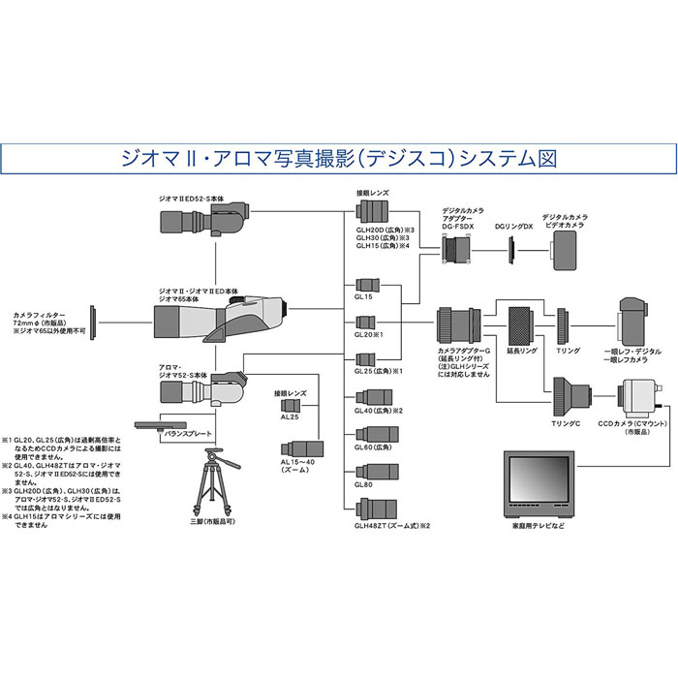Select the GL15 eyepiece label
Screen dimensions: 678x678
tap(364, 298)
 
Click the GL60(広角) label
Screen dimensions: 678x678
tap(374, 447)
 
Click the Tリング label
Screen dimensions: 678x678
tap(567, 351)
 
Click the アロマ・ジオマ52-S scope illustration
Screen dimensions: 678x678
tap(203, 391)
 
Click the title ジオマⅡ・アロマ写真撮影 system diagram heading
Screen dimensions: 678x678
tap(339, 156)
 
